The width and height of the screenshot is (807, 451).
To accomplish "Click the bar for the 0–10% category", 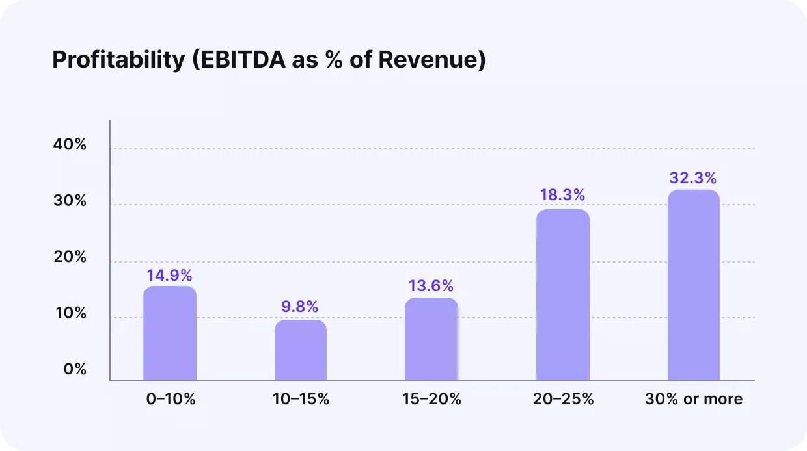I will click(170, 333).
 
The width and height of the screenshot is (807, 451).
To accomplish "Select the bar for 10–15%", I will click(301, 350).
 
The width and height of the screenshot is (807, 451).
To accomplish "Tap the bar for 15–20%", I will click(431, 339).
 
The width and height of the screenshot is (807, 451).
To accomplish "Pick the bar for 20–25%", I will click(563, 294).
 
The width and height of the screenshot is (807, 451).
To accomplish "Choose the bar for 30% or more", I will click(694, 285).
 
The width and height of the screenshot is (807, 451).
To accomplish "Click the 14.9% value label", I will click(169, 275).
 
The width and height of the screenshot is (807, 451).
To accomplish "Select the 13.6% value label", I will click(431, 286).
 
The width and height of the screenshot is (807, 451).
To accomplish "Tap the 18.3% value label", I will click(563, 195).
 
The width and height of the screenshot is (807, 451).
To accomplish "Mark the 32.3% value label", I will click(694, 178).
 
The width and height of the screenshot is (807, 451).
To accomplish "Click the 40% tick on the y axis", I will click(70, 145).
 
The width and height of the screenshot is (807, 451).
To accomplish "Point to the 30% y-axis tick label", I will click(70, 201).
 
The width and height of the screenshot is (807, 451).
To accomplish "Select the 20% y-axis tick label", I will click(70, 257).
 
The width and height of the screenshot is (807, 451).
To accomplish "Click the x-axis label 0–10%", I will click(171, 399).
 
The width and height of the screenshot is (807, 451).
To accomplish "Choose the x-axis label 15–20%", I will click(432, 399).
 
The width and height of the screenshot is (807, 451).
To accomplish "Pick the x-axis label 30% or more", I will click(694, 399).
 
